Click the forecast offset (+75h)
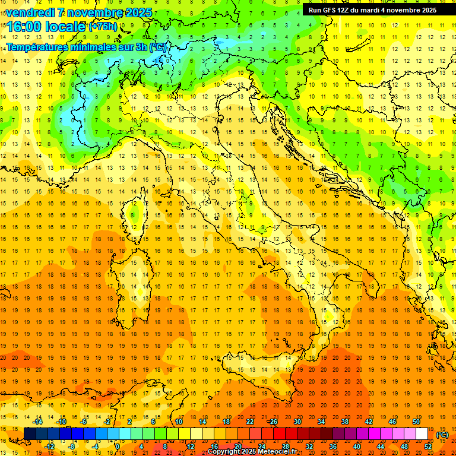[x=103, y=27]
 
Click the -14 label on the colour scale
[x=38, y=422]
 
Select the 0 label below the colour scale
[x=118, y=446]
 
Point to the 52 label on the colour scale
[x=428, y=446]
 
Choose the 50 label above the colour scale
[x=416, y=422]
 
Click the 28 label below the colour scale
[x=285, y=446]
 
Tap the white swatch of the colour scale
[x=422, y=434]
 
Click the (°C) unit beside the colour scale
[x=442, y=435]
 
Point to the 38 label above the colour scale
[x=344, y=422]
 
